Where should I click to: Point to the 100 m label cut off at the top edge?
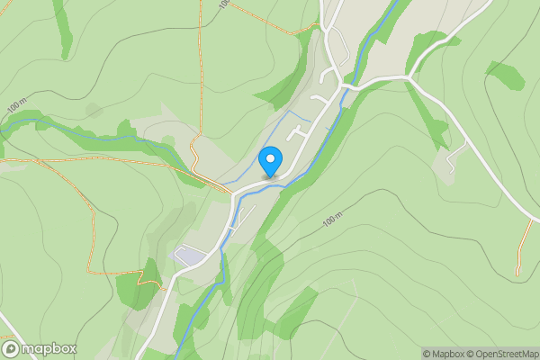[223, 5]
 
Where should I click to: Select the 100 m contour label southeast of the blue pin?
[333, 220]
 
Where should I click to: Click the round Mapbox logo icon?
[12, 348]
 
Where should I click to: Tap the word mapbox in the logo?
[49, 348]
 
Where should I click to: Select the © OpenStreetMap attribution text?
[506, 354]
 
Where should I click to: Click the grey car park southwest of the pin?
[190, 256]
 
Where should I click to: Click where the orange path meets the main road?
[231, 192]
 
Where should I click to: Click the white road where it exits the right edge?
[535, 216]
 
